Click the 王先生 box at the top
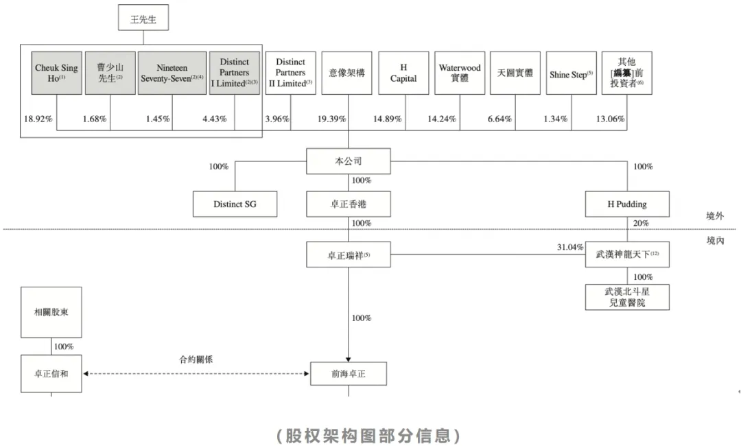click(143, 18)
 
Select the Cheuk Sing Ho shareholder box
click(57, 73)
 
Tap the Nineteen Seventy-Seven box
click(172, 73)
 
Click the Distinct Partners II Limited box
click(291, 73)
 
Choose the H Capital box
click(403, 73)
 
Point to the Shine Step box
click(572, 73)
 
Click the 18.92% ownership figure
click(38, 119)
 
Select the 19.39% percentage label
click(332, 119)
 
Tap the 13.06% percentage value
click(610, 119)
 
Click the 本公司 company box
click(349, 161)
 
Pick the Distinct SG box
click(235, 204)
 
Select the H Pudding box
click(627, 204)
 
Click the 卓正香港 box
click(349, 204)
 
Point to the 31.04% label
click(570, 247)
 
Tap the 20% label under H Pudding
click(641, 223)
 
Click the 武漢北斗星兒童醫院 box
click(627, 297)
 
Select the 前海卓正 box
click(349, 374)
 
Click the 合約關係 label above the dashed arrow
click(196, 360)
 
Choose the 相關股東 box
click(51, 312)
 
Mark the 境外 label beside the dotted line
click(715, 216)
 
